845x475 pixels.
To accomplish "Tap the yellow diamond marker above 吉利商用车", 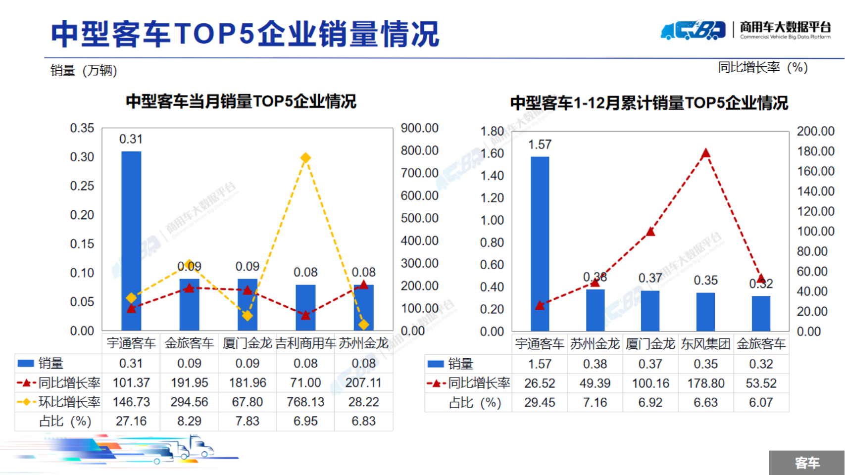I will pyautogui.click(x=305, y=158).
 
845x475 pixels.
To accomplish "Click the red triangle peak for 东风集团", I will pyautogui.click(x=706, y=153).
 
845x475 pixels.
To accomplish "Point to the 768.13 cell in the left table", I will pyautogui.click(x=305, y=402).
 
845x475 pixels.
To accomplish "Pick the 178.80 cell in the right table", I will pyautogui.click(x=705, y=383).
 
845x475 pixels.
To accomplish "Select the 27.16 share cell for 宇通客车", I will pyautogui.click(x=131, y=421).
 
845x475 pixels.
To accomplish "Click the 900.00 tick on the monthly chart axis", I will pyautogui.click(x=419, y=128).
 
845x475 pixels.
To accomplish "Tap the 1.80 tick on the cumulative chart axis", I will pyautogui.click(x=492, y=132).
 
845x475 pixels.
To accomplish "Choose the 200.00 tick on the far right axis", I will pyautogui.click(x=815, y=131).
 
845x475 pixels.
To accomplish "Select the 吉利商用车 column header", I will pyautogui.click(x=305, y=343).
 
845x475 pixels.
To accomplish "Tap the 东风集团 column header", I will pyautogui.click(x=705, y=344).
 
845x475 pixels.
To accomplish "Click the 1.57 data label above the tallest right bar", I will pyautogui.click(x=540, y=144).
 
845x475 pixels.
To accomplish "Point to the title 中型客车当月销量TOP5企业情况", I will pyautogui.click(x=241, y=101).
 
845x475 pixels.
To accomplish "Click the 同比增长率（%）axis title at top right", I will pyautogui.click(x=762, y=67).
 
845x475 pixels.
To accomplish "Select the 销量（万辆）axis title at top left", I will pyautogui.click(x=84, y=71).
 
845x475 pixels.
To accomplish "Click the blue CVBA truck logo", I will pyautogui.click(x=693, y=31).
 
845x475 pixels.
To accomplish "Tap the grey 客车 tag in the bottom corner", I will pyautogui.click(x=807, y=463).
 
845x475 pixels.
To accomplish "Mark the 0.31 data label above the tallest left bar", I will pyautogui.click(x=131, y=139).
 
